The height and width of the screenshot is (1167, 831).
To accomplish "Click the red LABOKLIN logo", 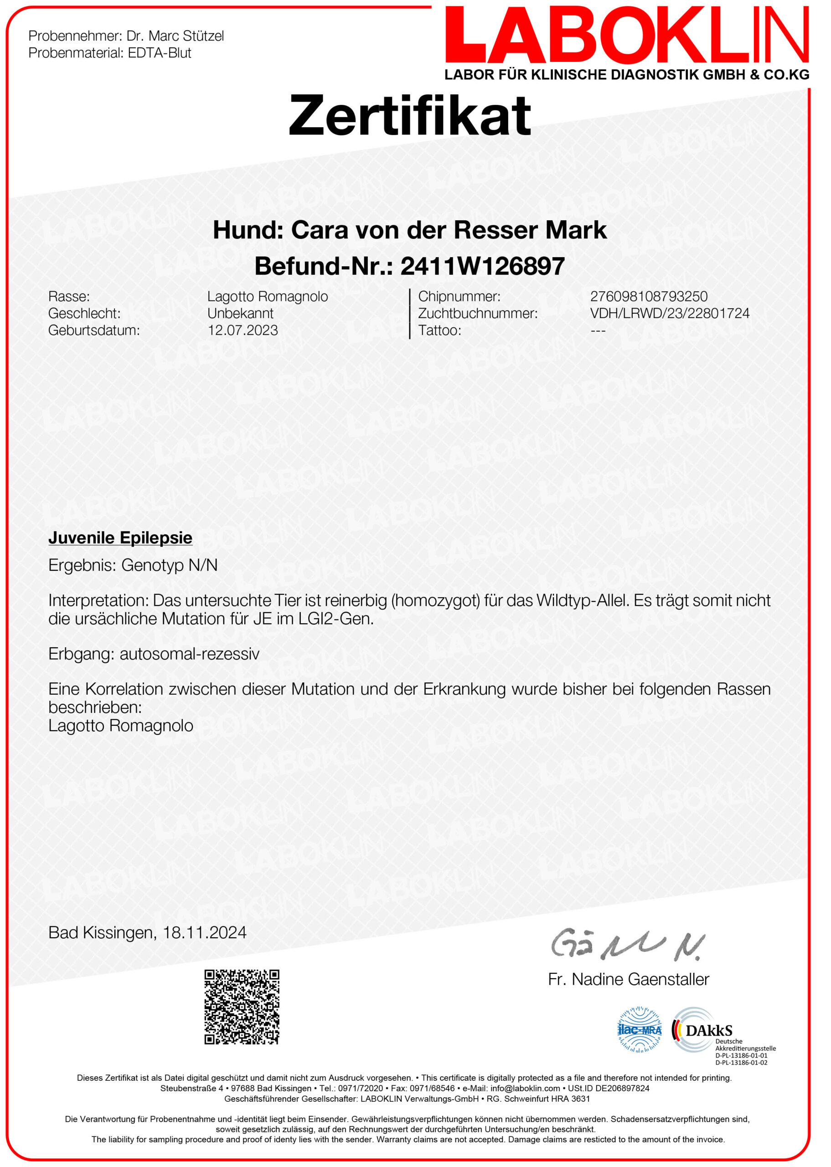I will tap(626, 36).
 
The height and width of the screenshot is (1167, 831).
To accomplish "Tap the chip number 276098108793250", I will tap(648, 296).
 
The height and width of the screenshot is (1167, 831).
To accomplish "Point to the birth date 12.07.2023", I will tap(243, 330).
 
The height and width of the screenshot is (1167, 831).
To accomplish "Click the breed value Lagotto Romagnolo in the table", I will tap(267, 296).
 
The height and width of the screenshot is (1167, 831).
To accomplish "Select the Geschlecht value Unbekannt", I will tap(240, 313).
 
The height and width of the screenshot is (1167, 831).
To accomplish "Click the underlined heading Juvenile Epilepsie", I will tap(120, 538).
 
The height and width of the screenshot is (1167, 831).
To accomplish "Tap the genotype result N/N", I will tap(203, 565).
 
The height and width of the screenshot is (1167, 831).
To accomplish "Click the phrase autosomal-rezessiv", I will tap(189, 654).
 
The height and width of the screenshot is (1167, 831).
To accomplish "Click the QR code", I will tap(242, 1007).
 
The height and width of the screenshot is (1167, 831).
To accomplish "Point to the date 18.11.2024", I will tap(204, 933).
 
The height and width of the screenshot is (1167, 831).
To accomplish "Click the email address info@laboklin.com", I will tap(525, 1088).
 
